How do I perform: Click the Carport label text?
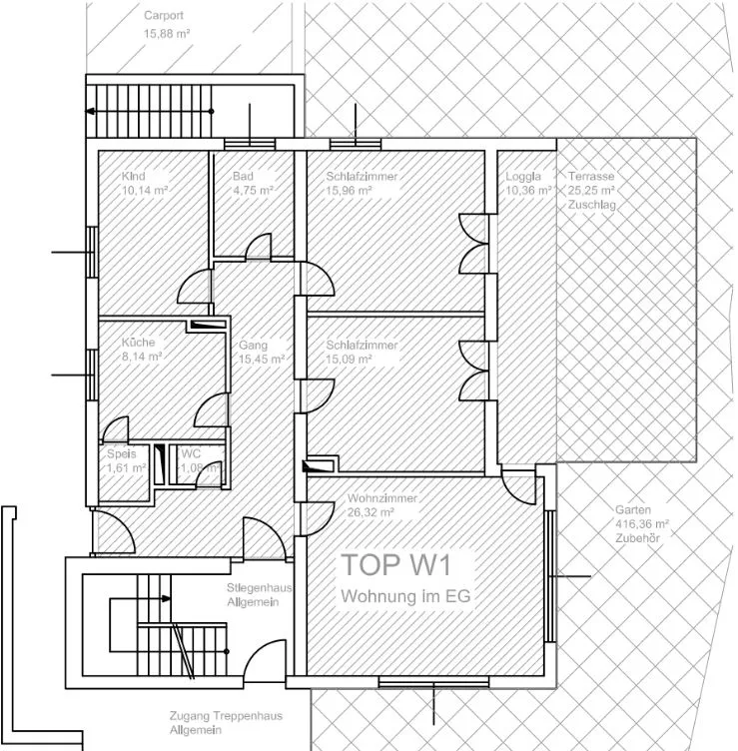(164, 15)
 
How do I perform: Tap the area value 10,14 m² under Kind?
(145, 191)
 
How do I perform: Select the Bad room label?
(243, 176)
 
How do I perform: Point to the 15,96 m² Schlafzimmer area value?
(350, 191)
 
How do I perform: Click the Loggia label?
(523, 176)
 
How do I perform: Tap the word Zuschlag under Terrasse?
(592, 205)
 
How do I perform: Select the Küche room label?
(139, 343)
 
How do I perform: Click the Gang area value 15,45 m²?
(262, 360)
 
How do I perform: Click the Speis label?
(122, 453)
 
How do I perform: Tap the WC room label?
(191, 453)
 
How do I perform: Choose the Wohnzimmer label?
(382, 498)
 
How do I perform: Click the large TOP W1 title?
(396, 564)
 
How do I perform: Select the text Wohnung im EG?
(405, 596)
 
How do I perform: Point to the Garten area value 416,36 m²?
(642, 524)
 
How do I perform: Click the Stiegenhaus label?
(260, 587)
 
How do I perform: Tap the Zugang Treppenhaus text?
(226, 716)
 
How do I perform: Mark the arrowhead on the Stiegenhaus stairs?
(166, 598)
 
